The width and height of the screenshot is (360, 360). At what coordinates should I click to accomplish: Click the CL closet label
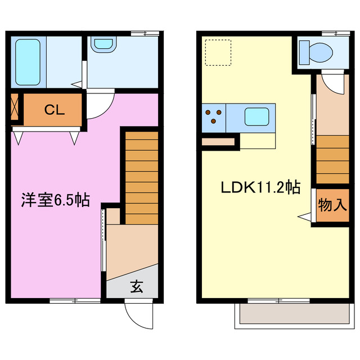click(x=55, y=110)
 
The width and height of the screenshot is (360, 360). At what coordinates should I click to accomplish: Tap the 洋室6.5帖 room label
click(x=56, y=200)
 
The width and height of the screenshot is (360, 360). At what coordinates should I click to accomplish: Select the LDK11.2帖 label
click(x=259, y=187)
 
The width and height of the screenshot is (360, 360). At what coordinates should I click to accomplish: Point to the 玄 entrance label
click(x=137, y=287)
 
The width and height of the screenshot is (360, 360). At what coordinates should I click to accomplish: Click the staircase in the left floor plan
click(x=141, y=177)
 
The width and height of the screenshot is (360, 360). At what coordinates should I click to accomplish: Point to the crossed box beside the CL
click(x=15, y=109)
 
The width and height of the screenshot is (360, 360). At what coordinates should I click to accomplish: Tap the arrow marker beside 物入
click(x=304, y=217)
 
